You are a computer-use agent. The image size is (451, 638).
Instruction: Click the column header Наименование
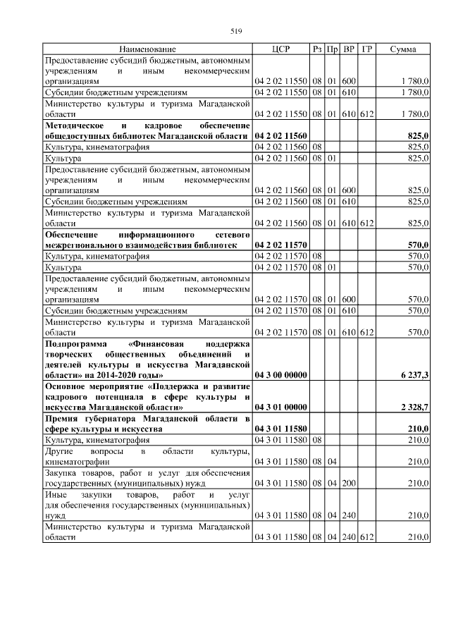[147, 49]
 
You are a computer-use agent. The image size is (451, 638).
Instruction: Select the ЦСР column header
[280, 49]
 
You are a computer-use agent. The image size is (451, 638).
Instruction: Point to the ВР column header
[349, 49]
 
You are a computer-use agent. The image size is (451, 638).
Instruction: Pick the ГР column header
[366, 49]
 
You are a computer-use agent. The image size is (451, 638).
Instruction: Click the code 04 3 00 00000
[280, 375]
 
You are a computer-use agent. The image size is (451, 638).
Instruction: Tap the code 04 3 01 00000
[280, 407]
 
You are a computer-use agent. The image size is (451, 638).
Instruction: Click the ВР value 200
[349, 483]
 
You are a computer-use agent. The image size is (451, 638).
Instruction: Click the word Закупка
[62, 472]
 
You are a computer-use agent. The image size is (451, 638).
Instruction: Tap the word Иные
[56, 495]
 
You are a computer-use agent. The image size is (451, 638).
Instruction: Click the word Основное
[67, 386]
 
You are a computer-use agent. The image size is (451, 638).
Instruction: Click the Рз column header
[317, 49]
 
